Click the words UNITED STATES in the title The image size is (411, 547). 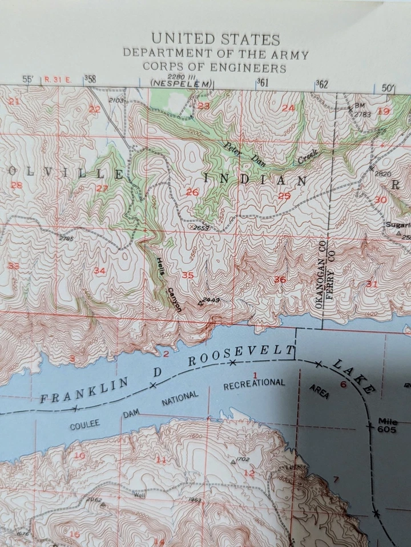point(215,40)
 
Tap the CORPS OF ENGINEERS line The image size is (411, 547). point(215,68)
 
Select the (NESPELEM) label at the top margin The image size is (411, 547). point(181,84)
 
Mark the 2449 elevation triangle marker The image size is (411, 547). point(200,303)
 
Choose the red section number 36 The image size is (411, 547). point(280,279)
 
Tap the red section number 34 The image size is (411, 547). point(99,270)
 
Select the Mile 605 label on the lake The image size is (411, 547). point(388,425)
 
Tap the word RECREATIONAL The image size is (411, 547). point(253,384)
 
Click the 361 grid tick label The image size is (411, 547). point(262,82)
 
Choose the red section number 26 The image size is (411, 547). point(192,192)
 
